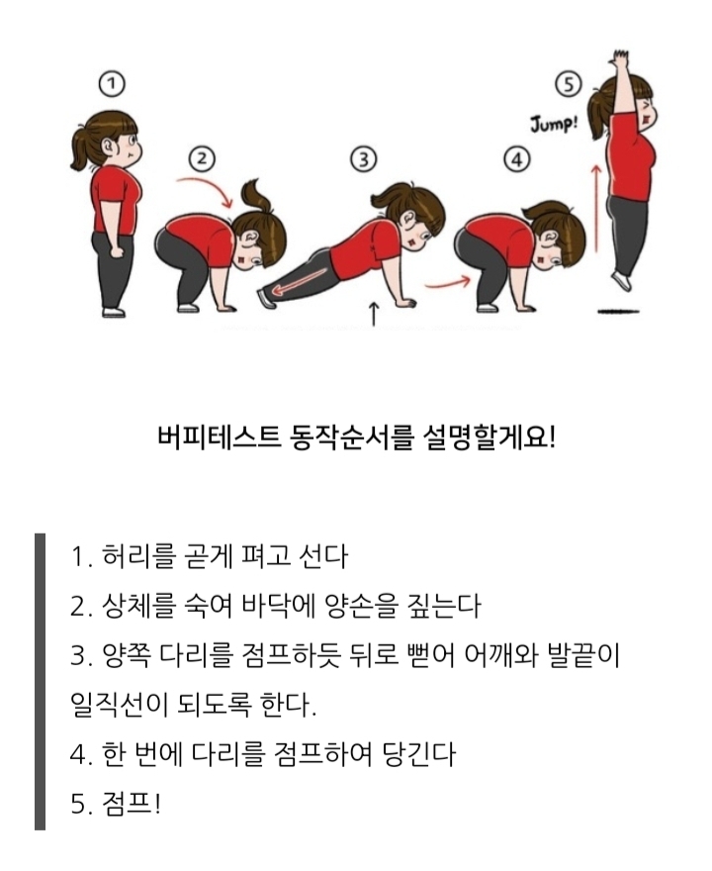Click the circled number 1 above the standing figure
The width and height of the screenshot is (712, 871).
point(112,84)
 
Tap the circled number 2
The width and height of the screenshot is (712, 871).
point(202,159)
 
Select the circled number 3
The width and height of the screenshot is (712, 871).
point(364,159)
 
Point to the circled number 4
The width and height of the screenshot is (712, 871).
point(516,160)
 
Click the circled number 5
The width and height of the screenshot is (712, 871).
point(569,85)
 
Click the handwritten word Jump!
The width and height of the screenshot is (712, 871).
point(554,124)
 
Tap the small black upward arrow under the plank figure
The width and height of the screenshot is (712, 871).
point(374,314)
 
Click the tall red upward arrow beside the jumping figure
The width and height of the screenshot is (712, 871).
point(596,207)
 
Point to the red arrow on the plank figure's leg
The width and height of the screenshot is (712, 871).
point(301,280)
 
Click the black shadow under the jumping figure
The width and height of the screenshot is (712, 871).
point(618,312)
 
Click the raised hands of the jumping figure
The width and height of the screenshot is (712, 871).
point(619,57)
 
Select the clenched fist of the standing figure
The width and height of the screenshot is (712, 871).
point(117,251)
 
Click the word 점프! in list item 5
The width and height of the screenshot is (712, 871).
point(132,804)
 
